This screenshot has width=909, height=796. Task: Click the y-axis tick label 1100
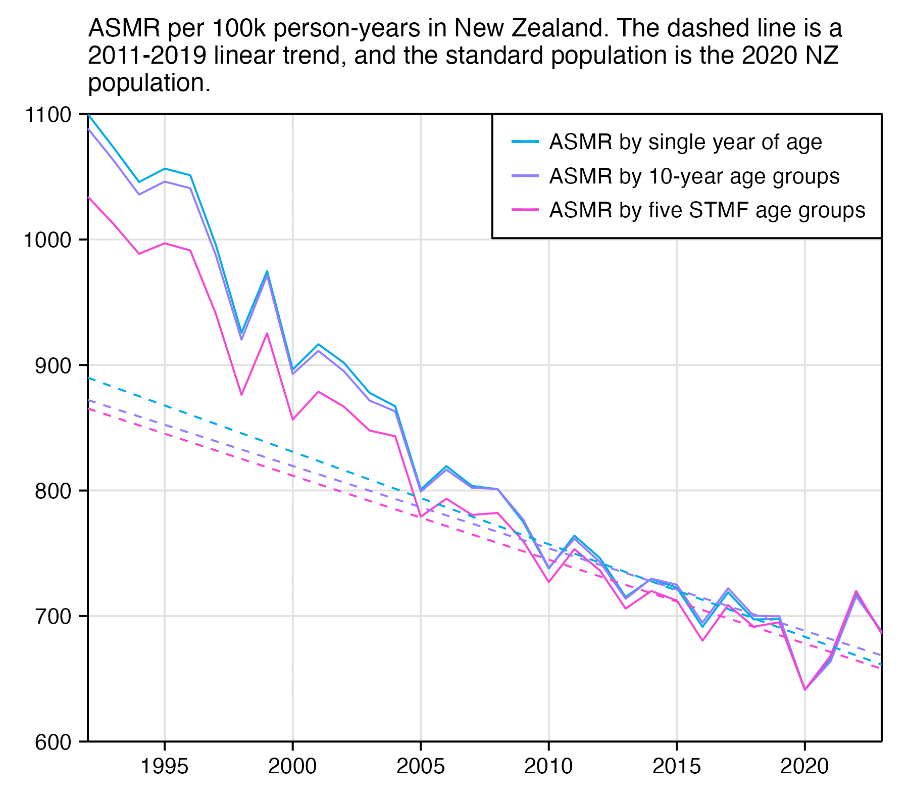click(47, 115)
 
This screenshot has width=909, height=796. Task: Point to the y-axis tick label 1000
click(47, 240)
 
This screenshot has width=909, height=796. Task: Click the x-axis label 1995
click(164, 767)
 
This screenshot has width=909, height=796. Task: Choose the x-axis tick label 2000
click(292, 767)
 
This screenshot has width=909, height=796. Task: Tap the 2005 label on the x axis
click(421, 767)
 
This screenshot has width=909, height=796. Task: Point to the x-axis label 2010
click(548, 767)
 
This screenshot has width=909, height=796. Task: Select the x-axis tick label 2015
click(677, 767)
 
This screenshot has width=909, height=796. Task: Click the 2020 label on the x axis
click(804, 767)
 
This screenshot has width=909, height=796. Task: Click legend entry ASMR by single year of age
click(685, 142)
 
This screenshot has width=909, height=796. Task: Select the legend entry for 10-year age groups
click(694, 176)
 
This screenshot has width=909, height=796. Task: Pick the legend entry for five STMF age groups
click(707, 210)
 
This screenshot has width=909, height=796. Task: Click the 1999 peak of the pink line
click(267, 333)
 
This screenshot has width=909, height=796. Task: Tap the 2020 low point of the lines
click(804, 689)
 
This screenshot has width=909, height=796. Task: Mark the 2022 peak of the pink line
click(856, 591)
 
